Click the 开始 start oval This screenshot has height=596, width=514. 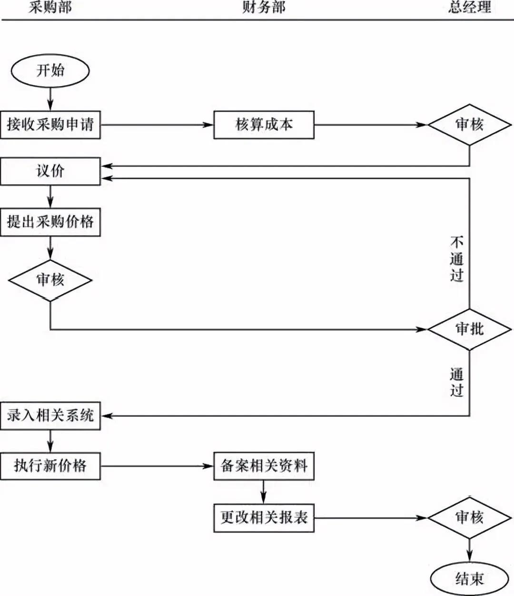(50, 71)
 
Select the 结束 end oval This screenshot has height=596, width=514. (469, 578)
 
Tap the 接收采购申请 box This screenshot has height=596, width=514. (50, 125)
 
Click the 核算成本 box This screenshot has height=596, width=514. (264, 125)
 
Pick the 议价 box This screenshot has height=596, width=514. (50, 171)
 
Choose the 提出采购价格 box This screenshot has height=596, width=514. (50, 222)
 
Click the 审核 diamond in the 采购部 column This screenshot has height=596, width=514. (50, 280)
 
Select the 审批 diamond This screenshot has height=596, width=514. (469, 329)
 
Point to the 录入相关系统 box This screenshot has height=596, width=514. (50, 416)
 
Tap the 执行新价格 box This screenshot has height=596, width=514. (50, 466)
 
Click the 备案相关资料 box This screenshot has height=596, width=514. (264, 466)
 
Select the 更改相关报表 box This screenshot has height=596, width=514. (264, 518)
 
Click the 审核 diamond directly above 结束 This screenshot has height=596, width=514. (469, 518)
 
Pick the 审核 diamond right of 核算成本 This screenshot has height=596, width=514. (469, 125)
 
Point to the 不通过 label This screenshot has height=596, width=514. (456, 259)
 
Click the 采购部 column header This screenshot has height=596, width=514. (50, 7)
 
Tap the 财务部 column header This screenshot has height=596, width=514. (264, 7)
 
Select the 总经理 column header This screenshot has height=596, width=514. (469, 7)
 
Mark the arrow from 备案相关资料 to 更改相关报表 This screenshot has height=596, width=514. (263, 491)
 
